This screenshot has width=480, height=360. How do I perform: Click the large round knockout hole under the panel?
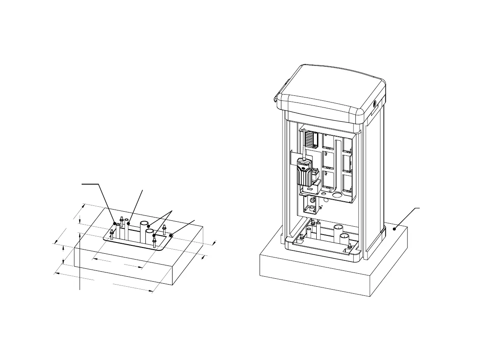pyautogui.click(x=337, y=194)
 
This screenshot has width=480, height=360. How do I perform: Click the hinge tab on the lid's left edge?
pyautogui.click(x=276, y=98)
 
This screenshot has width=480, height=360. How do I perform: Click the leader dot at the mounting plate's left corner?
pyautogui.click(x=115, y=223)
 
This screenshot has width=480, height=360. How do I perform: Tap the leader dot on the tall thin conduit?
pyautogui.click(x=129, y=223)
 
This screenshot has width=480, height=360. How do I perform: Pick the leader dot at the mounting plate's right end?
pyautogui.click(x=171, y=235)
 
